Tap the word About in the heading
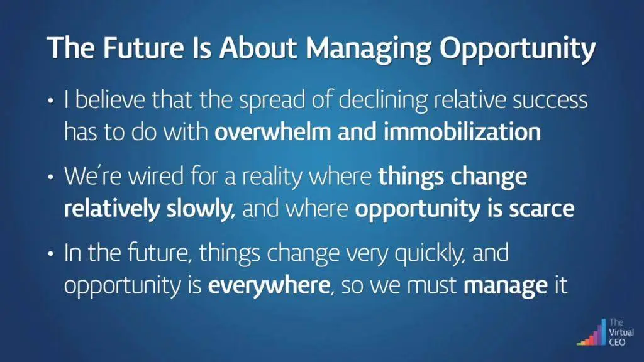(257, 47)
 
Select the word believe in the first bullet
(110, 100)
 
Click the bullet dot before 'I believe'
(50, 101)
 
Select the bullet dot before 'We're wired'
(50, 177)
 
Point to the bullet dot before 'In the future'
(50, 254)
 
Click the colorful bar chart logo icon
(591, 333)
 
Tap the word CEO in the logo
(617, 342)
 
